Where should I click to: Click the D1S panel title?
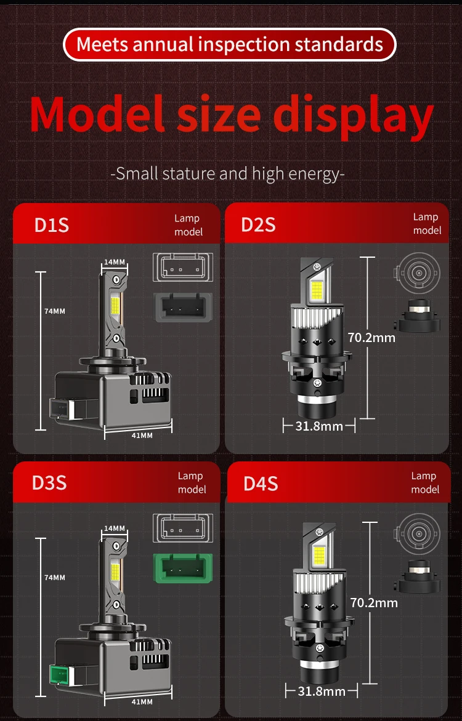(x=52, y=225)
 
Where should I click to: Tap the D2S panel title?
(x=258, y=225)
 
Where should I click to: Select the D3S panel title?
(x=49, y=483)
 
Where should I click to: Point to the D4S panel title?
(x=261, y=484)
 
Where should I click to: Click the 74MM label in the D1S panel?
(x=55, y=311)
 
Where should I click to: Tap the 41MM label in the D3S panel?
(x=142, y=702)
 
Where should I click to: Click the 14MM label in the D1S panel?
(x=114, y=262)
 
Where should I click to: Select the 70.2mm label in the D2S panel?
(x=371, y=338)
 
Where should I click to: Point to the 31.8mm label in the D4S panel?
(x=322, y=691)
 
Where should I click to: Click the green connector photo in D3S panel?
(x=183, y=568)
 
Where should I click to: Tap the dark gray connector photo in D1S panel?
(x=183, y=307)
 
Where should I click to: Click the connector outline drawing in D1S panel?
(x=183, y=267)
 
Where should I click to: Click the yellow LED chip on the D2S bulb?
(x=317, y=290)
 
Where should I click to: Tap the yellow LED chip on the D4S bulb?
(x=319, y=556)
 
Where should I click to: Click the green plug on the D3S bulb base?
(x=60, y=676)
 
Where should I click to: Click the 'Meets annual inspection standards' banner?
(x=230, y=45)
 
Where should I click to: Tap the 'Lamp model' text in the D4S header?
(x=424, y=482)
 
